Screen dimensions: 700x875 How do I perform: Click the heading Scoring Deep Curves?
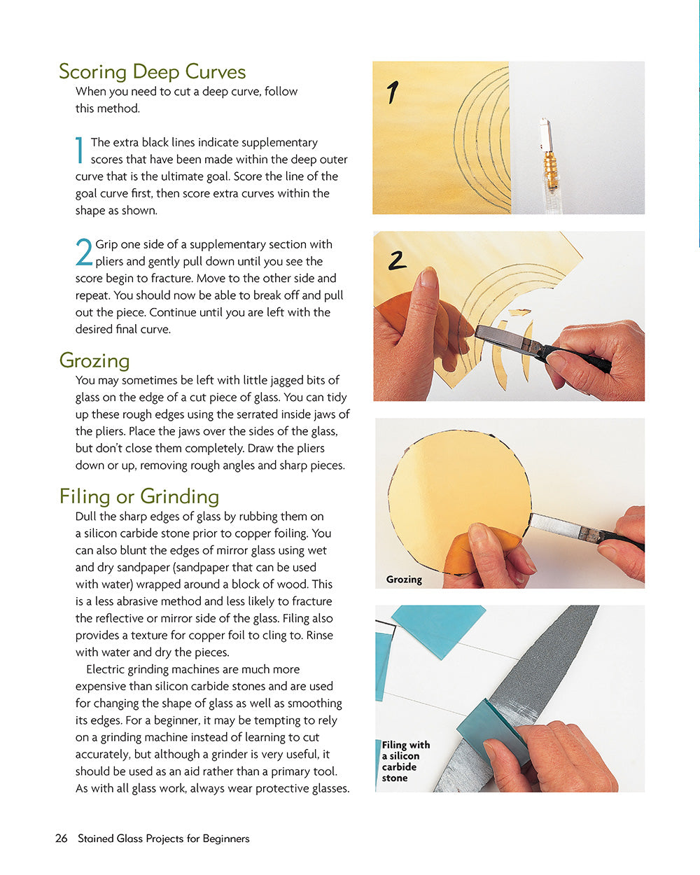152,72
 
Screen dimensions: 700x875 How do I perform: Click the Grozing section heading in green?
94,361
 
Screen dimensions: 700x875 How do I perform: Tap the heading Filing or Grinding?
139,497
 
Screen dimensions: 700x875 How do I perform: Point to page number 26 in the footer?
62,839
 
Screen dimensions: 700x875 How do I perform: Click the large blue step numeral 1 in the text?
80,150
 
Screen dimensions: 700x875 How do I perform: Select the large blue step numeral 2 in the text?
84,252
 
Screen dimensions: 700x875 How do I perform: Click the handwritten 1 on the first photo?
393,92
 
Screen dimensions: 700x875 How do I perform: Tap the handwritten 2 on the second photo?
397,260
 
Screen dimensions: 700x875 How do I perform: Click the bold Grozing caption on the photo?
404,579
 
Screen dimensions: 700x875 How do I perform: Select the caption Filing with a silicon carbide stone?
405,761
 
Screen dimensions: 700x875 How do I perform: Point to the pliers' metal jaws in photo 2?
505,339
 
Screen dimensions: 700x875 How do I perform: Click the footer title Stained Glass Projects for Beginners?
164,839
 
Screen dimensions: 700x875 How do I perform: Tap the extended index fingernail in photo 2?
428,278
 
